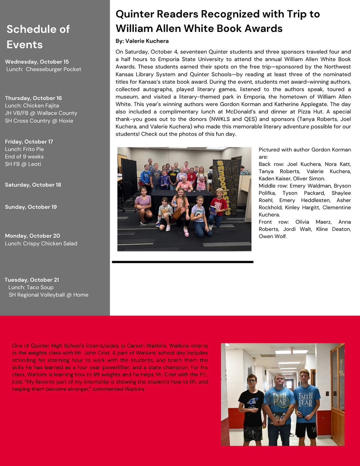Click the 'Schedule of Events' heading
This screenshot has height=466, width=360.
38,37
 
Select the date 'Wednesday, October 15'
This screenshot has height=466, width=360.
37,62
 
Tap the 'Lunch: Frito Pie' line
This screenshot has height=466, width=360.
25,149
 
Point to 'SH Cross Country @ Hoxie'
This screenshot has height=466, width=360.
39,121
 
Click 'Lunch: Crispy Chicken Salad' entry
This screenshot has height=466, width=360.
41,243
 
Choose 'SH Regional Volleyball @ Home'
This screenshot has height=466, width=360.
48,295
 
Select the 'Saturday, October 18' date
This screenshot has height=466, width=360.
33,185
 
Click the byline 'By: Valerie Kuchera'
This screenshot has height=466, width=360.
142,41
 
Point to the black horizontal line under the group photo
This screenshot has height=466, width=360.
183,261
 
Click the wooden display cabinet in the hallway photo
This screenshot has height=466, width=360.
337,393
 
